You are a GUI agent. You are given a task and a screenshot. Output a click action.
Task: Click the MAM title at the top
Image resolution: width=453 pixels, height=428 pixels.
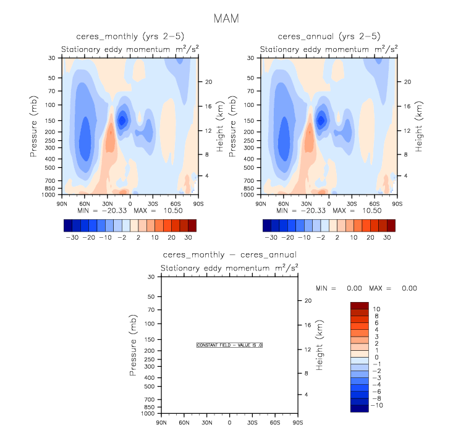pyautogui.click(x=226, y=18)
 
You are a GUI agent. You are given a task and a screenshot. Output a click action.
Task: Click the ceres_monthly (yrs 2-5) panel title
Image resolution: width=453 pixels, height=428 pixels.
pyautogui.click(x=130, y=36)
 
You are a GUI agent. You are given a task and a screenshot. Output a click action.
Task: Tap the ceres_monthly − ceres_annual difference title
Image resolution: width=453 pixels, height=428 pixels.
pyautogui.click(x=229, y=254)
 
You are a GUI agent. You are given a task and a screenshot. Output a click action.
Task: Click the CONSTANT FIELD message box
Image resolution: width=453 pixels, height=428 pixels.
pyautogui.click(x=229, y=345)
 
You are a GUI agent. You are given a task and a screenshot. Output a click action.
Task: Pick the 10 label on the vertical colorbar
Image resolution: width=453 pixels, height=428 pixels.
pyautogui.click(x=377, y=309)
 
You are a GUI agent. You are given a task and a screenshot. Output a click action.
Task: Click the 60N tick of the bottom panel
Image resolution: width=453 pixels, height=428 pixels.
pyautogui.click(x=184, y=422)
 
